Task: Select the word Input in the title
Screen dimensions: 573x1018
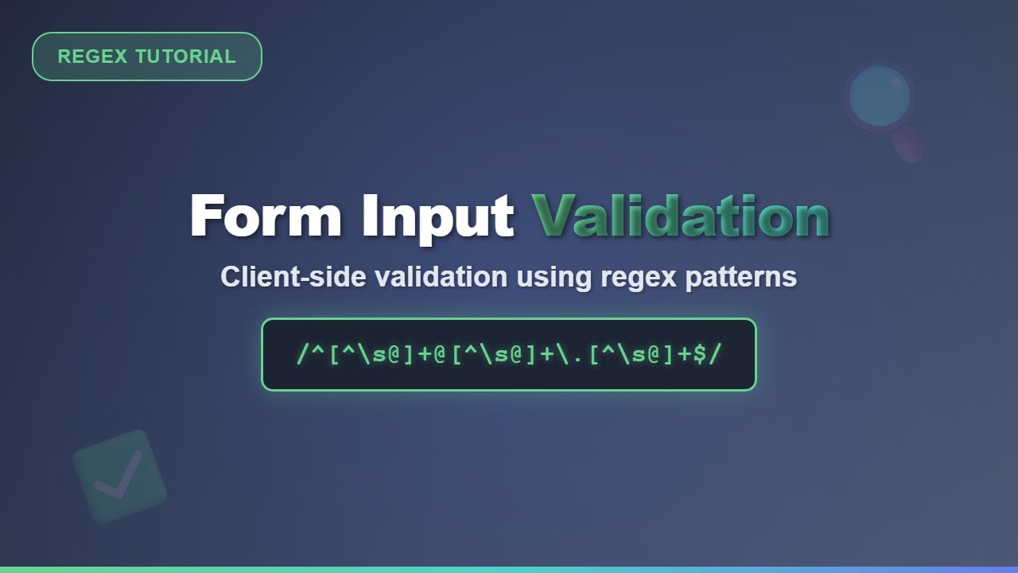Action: (437, 216)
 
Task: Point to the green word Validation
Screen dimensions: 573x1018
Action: (681, 216)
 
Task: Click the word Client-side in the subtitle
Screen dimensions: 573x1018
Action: (295, 277)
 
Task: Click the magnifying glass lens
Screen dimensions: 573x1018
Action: (879, 96)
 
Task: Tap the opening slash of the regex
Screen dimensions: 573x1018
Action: (302, 354)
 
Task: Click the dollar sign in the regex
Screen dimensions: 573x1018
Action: (700, 354)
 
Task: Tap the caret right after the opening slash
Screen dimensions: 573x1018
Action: (319, 352)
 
